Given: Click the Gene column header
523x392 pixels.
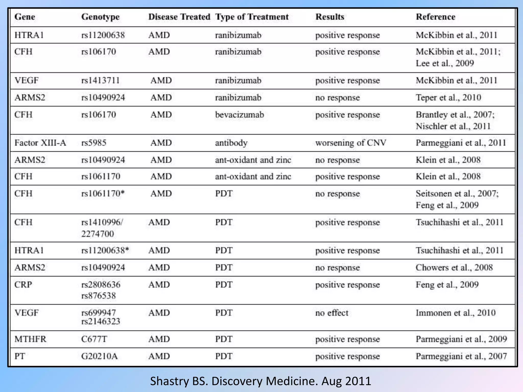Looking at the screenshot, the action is [25, 17].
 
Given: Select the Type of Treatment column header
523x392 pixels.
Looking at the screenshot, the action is [252, 17].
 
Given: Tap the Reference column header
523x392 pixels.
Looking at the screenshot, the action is [435, 17].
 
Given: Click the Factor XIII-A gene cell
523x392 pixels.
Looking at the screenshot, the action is [40, 143].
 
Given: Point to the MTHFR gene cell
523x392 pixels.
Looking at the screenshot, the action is [30, 339].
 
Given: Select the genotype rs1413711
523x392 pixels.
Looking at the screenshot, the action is [100, 81].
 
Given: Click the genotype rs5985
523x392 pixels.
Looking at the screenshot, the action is [94, 143].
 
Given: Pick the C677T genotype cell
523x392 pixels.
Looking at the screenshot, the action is [94, 339].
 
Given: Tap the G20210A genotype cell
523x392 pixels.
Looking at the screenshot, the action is [99, 356].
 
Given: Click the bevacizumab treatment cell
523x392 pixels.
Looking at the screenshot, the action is [239, 115].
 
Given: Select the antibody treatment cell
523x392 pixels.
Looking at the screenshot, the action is [231, 143].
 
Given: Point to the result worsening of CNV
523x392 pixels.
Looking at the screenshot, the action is [351, 143].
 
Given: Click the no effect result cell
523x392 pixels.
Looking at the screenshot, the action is [332, 313].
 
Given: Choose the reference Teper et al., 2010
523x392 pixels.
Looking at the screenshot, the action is [448, 97].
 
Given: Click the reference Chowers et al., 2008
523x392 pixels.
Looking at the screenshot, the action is [454, 267].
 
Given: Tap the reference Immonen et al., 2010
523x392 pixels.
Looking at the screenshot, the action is [456, 313].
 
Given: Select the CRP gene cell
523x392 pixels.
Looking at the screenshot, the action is [23, 285].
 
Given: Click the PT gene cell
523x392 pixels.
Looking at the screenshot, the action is [20, 356].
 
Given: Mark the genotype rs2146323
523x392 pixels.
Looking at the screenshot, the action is [101, 321].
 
